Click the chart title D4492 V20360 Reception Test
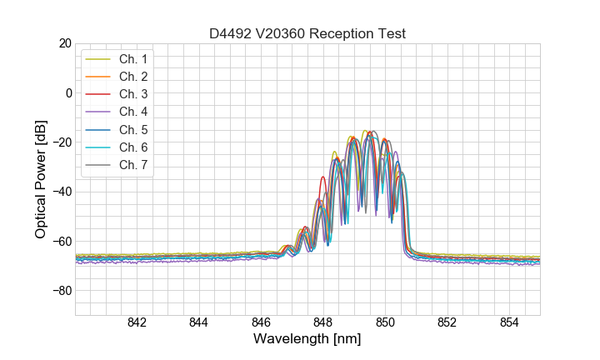pyautogui.click(x=307, y=33)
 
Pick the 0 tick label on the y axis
pyautogui.click(x=69, y=92)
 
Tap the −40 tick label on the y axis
pyautogui.click(x=62, y=192)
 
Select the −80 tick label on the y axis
pyautogui.click(x=62, y=291)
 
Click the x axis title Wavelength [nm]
pyautogui.click(x=307, y=340)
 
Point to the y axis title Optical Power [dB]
pyautogui.click(x=41, y=179)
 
